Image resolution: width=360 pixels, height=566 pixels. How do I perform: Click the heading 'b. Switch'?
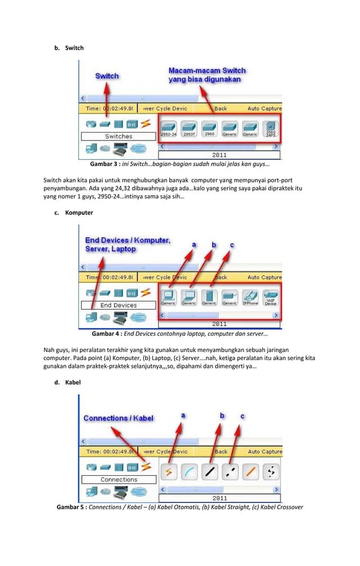pos(69,48)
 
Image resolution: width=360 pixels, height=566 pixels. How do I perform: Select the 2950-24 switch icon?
pos(169,128)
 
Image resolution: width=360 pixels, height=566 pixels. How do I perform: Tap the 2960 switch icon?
pos(209,128)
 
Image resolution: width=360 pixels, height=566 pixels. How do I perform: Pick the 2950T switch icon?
pos(189,128)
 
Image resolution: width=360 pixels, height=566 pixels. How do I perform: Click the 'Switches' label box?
pos(118,136)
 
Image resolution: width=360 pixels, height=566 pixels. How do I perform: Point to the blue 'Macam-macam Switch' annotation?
pos(207,75)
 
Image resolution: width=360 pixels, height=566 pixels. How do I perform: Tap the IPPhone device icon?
pos(250,297)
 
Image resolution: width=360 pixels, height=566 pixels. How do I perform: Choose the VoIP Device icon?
pos(270,297)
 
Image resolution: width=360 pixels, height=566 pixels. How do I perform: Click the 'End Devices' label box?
pos(118,305)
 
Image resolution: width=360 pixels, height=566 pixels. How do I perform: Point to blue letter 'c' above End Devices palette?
pos(231,245)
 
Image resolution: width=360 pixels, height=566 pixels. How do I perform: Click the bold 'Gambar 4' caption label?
pos(107,333)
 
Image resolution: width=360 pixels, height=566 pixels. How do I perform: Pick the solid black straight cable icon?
pos(209,472)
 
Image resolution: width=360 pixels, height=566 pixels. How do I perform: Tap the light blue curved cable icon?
pos(189,472)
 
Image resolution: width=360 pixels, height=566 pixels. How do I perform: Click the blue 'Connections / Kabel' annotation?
pos(118,418)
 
